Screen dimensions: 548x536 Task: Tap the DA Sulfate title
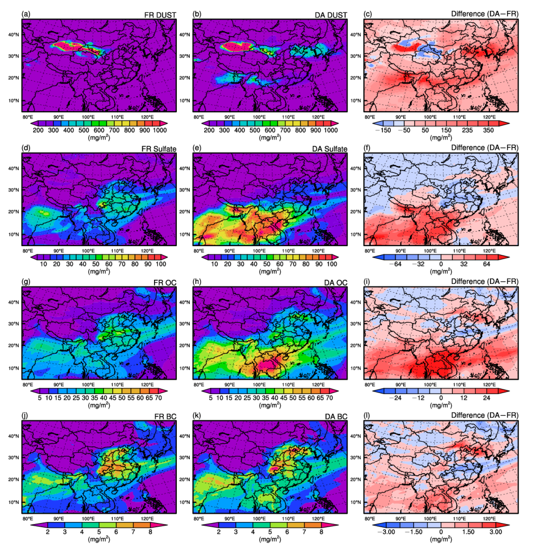pos(330,149)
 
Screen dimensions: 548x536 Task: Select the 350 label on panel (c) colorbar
pos(488,130)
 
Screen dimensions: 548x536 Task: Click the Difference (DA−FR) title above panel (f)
pos(485,148)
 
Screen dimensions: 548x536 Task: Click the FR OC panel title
pos(165,283)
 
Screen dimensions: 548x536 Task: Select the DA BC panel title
pos(336,417)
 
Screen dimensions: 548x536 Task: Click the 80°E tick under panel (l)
pos(370,519)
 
